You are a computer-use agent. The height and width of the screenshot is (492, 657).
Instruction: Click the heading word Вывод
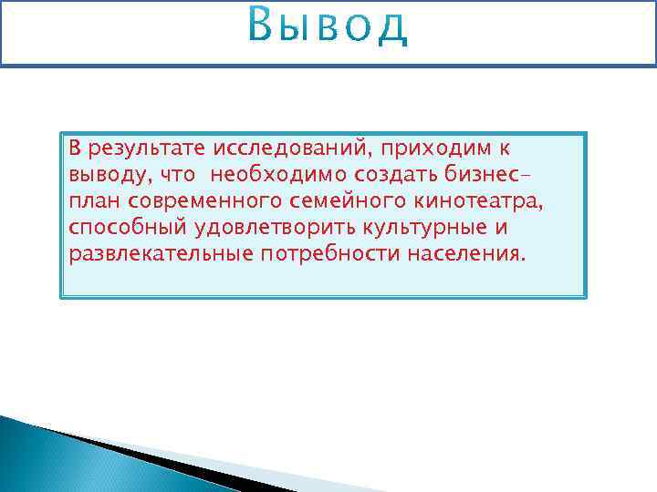tap(328, 27)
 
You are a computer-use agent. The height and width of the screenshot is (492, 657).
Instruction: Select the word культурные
tap(423, 227)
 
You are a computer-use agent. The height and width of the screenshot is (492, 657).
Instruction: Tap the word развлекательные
tap(161, 252)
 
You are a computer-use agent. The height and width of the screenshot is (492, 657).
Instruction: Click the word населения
tap(466, 252)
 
